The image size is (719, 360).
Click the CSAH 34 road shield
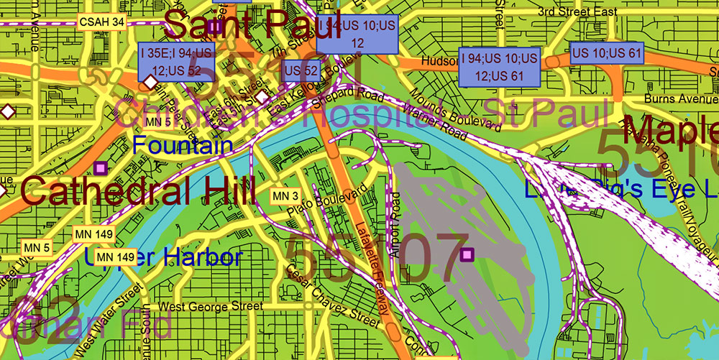tap(102, 22)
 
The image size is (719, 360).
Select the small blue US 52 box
tap(302, 70)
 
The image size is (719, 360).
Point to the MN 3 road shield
tap(284, 195)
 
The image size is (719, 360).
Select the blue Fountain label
tap(183, 146)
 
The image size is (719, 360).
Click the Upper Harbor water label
tap(163, 257)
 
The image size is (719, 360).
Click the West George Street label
tap(210, 307)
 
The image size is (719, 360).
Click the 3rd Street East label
tap(578, 12)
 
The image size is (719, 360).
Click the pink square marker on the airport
tap(468, 254)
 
